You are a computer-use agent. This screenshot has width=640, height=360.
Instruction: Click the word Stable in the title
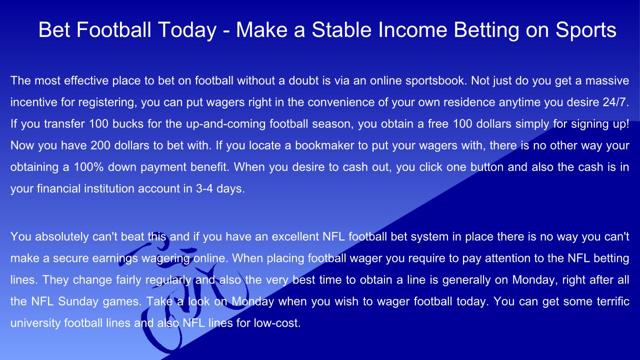(341, 29)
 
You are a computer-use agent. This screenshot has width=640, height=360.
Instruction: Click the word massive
(607, 81)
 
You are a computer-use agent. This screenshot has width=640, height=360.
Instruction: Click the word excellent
(295, 237)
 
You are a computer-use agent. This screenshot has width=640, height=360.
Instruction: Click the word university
(35, 323)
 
